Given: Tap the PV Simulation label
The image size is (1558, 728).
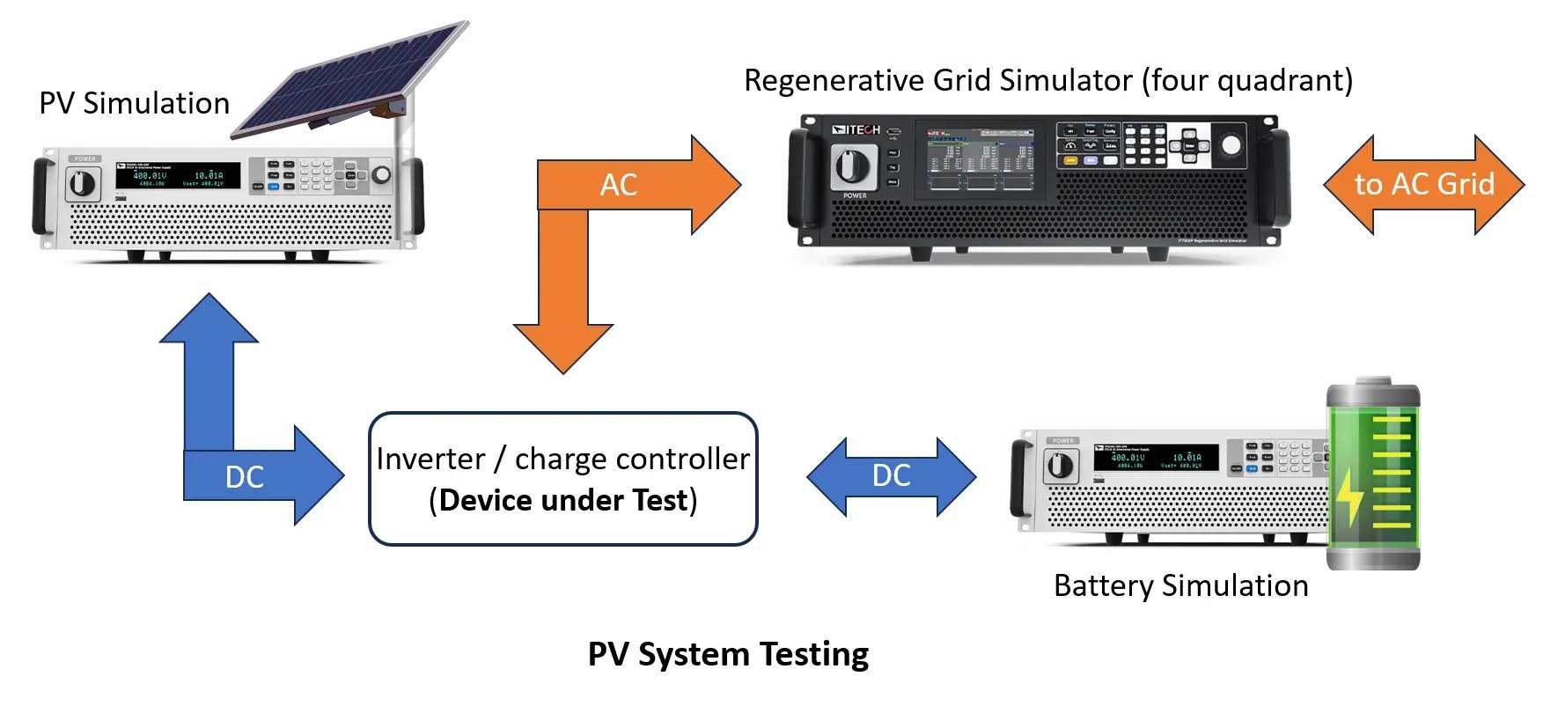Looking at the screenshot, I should (x=134, y=104).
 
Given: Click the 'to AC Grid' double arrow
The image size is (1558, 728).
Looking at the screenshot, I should (x=1423, y=184).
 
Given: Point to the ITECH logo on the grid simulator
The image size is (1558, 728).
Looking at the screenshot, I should (x=856, y=130).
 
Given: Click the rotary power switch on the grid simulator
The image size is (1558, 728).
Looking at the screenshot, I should (x=853, y=166).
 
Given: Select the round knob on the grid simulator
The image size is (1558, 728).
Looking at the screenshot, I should (x=1231, y=145).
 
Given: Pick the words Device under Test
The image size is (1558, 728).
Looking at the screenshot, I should (x=563, y=500).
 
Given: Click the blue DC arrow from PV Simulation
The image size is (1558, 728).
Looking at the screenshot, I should (x=244, y=475).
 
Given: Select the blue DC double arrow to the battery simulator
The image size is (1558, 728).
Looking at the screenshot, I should (x=891, y=475).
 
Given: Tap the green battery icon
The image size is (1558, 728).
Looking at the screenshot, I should (x=1373, y=475).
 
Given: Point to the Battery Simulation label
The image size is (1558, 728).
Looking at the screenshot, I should (x=1180, y=586).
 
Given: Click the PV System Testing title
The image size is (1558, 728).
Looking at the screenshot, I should (x=728, y=655).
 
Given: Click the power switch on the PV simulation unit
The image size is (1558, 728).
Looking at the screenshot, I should (x=82, y=183).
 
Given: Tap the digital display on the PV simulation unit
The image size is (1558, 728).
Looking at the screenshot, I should (x=177, y=176).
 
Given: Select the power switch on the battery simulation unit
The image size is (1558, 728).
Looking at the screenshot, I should (x=1060, y=465).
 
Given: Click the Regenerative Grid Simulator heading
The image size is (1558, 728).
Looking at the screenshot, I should (x=1047, y=81).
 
